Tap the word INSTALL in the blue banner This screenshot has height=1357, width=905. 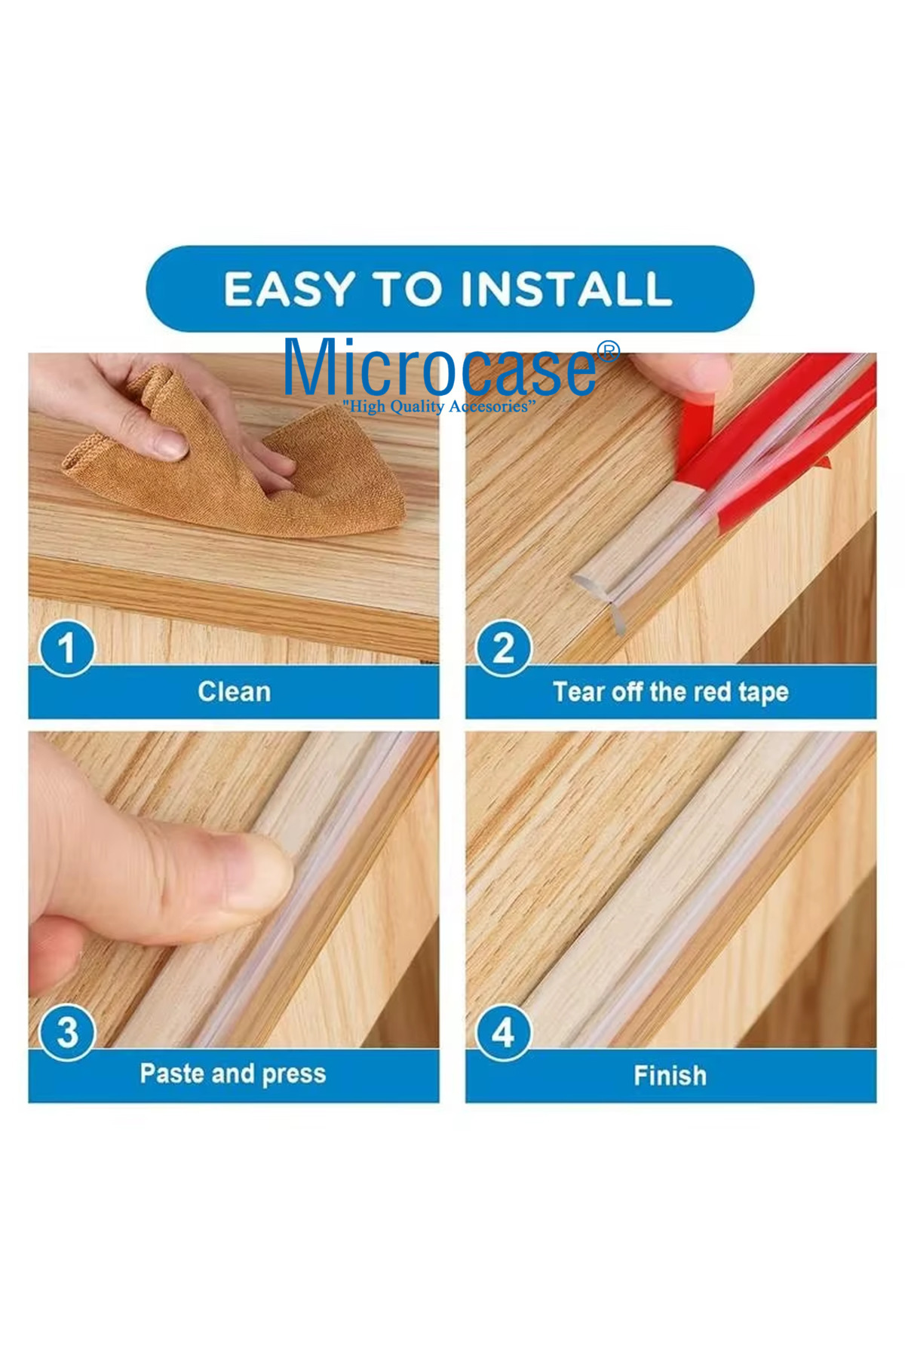566,289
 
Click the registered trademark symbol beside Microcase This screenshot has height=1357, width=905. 608,352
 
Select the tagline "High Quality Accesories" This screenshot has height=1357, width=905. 439,406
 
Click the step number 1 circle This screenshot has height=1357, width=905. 66,648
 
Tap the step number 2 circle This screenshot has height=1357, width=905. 503,648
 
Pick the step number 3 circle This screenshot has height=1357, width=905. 66,1032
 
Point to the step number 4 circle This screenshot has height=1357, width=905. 503,1032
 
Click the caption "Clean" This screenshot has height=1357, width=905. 234,691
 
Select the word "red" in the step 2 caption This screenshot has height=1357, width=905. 710,691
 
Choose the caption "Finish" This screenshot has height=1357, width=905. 670,1075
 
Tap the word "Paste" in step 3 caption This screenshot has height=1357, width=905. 168,1073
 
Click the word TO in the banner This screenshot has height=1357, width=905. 407,289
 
